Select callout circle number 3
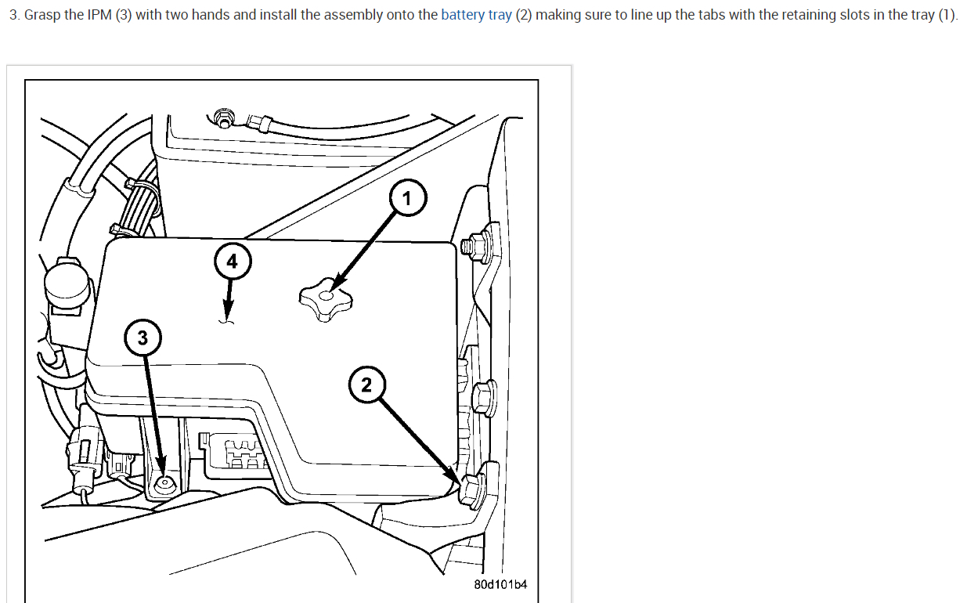(x=142, y=338)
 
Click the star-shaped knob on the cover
(x=325, y=298)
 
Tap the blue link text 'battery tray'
(x=476, y=16)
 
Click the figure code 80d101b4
(x=500, y=585)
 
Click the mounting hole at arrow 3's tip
(x=164, y=483)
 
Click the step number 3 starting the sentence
(x=14, y=16)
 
